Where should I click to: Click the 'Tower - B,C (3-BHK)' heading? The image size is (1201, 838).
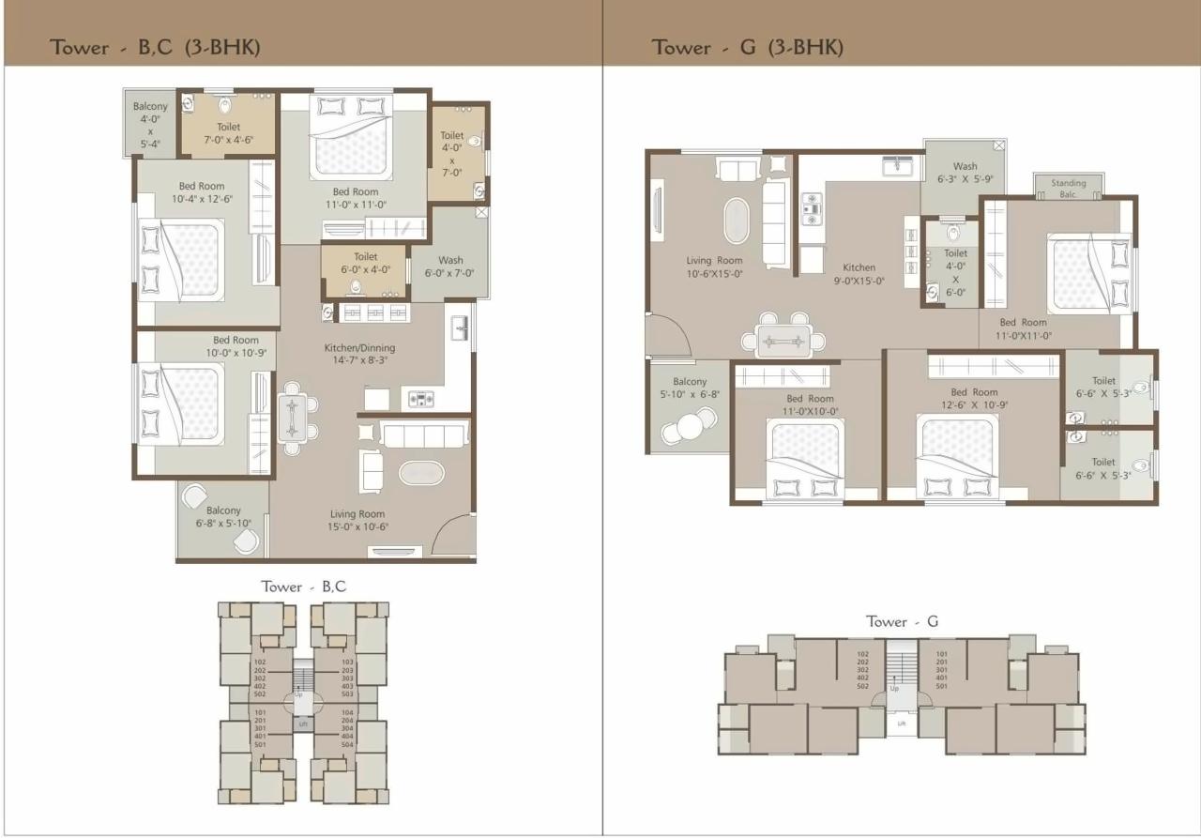pos(155,48)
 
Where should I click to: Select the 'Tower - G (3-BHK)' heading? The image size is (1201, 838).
pos(747,48)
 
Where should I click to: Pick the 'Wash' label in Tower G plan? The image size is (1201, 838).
pos(965,166)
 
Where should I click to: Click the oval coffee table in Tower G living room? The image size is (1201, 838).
pos(737,221)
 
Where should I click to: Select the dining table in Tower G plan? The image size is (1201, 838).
pos(786,340)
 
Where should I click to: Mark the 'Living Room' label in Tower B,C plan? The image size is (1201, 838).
pos(357,513)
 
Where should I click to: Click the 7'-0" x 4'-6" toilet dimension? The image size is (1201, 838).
pos(228,140)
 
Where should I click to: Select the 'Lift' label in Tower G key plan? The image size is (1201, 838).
pos(902,724)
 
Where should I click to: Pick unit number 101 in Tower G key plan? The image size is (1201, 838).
pos(942,655)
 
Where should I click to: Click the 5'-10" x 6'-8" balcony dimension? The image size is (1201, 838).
pos(690,395)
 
